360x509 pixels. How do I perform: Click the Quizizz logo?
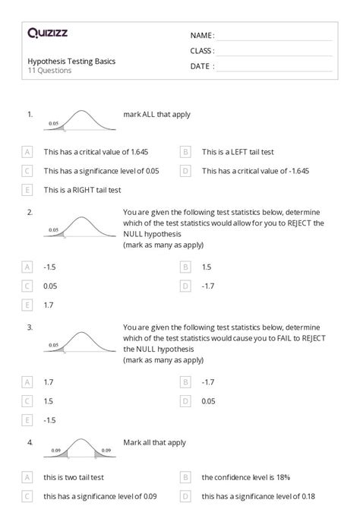pos(47,33)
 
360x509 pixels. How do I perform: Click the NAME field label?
pos(202,36)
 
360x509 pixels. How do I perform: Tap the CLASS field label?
pos(202,51)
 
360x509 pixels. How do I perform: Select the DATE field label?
pos(202,66)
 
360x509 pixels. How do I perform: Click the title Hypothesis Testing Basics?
pos(71,61)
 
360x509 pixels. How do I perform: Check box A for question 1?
pos(28,151)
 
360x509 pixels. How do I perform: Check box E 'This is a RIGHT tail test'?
pos(28,189)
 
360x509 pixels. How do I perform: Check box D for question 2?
pos(185,286)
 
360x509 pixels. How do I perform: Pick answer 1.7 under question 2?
pos(49,305)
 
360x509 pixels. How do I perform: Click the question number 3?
pos(30,327)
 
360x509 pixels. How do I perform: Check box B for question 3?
pos(185,381)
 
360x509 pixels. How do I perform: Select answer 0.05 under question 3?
pos(209,400)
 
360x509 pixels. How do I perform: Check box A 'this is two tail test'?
pos(28,477)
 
